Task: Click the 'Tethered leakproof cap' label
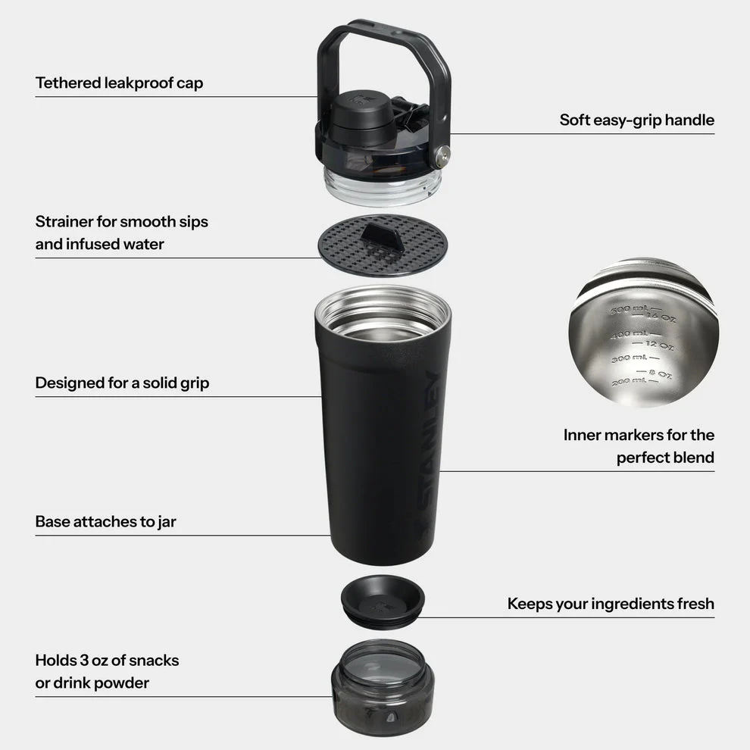pos(119,83)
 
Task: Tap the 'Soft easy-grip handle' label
pos(636,120)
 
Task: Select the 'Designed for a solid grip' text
pos(122,383)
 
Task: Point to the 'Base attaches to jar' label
pos(105,521)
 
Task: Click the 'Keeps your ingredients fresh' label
pos(611,603)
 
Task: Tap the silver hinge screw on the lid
pos(442,158)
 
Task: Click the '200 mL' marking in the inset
pos(627,380)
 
